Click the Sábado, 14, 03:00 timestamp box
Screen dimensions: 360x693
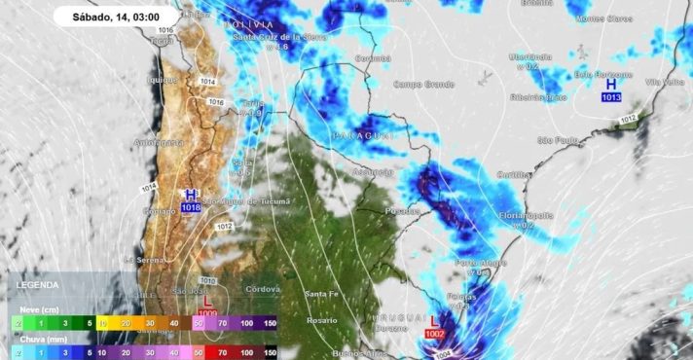coord(117,17)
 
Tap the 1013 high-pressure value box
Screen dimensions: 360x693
coord(611,97)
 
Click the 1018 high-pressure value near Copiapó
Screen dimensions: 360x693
coord(191,207)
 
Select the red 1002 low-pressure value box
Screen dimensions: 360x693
coord(434,334)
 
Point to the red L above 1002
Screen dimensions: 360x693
coord(434,320)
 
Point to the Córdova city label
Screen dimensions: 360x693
coord(263,289)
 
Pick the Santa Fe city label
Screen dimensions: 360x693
coord(321,294)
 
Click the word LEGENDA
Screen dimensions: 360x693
coord(38,285)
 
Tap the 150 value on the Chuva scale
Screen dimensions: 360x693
coord(270,352)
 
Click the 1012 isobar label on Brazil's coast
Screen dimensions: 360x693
coord(629,120)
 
